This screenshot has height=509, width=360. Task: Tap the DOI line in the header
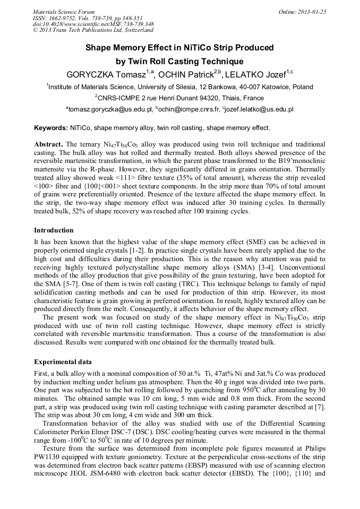point(93,24)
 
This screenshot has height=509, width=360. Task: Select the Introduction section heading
point(54,230)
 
